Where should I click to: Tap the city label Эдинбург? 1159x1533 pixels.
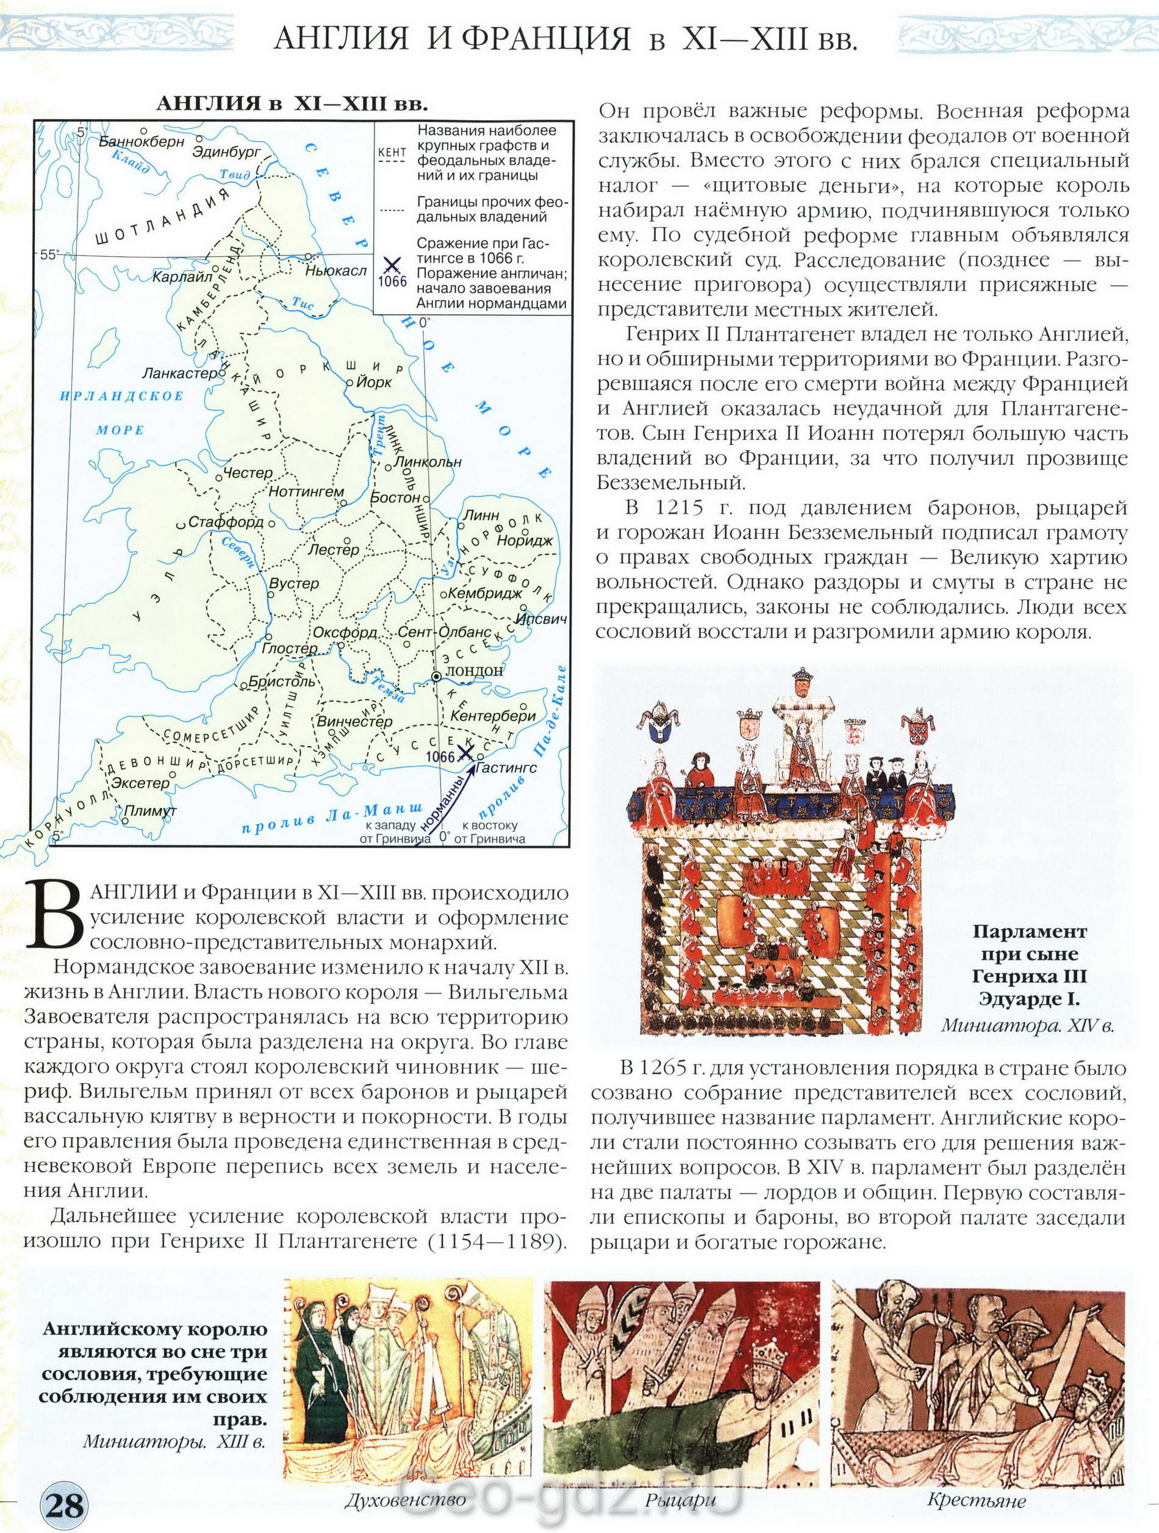227,151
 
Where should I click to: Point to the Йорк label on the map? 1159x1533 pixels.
375,382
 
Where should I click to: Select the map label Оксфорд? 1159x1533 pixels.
345,633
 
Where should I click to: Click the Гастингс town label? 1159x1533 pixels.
507,768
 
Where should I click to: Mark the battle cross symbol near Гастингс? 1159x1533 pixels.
467,753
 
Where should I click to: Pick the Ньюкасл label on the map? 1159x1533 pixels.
336,270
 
